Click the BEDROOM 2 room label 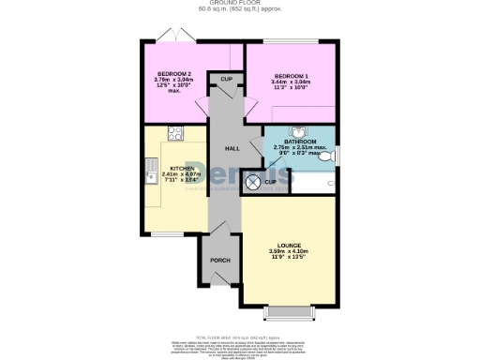(174, 73)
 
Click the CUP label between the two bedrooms (227, 80)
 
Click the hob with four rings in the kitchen (174, 132)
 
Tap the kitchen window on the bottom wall (169, 234)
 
